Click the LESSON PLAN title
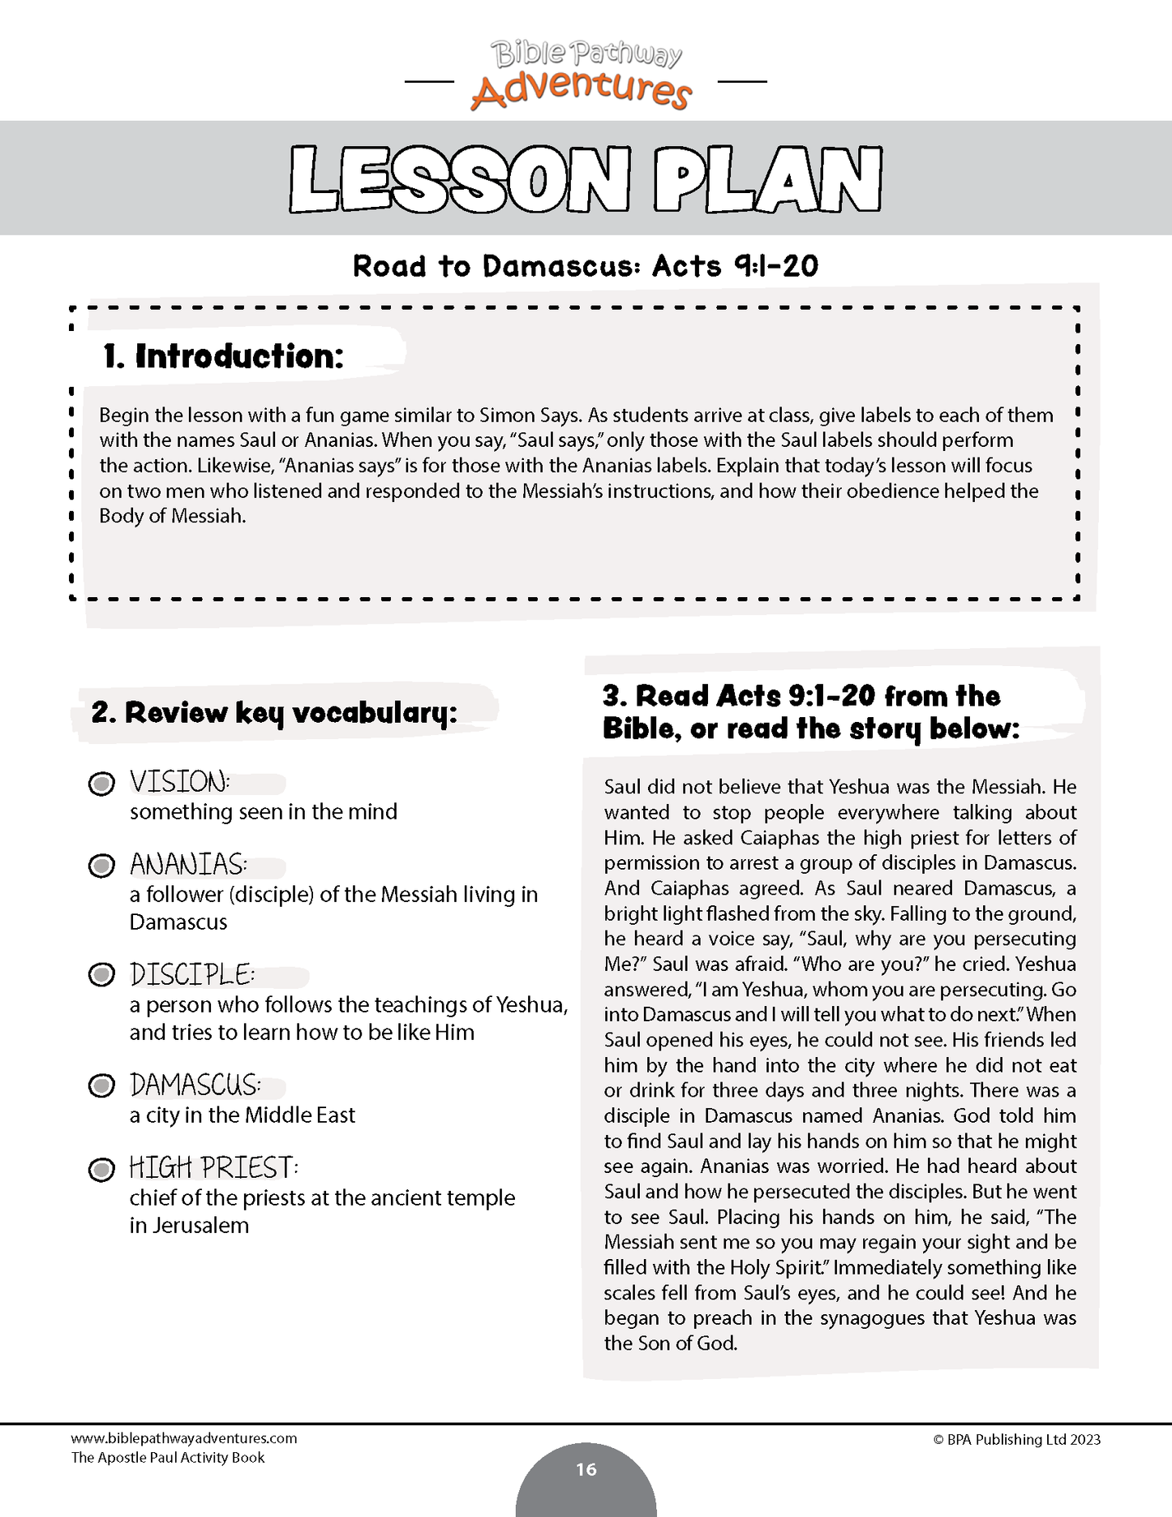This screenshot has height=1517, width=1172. coord(585,179)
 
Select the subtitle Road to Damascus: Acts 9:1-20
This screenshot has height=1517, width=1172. coord(585,266)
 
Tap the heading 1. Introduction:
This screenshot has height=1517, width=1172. coord(223,356)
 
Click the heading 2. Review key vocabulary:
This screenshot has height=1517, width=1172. coord(274,713)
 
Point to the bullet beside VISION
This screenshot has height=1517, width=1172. coord(101,784)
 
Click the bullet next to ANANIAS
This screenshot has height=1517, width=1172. coord(101,866)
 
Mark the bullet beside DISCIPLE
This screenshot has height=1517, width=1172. coord(101,974)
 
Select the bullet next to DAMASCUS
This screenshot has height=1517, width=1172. coord(101,1085)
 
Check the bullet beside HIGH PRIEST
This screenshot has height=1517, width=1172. coord(101,1170)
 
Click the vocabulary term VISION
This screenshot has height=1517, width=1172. coord(179,782)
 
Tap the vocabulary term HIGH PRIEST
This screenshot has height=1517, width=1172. coord(213,1168)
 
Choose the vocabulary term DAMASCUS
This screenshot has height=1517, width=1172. coord(195,1085)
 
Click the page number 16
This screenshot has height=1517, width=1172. coord(586,1469)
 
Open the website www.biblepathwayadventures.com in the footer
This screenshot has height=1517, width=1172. coord(184,1438)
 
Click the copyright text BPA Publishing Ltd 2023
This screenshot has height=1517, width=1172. coord(1017,1440)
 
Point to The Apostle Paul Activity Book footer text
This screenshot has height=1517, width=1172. coord(168,1458)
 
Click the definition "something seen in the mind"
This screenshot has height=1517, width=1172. coord(264,812)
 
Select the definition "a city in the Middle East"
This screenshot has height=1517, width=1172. coord(243,1115)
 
